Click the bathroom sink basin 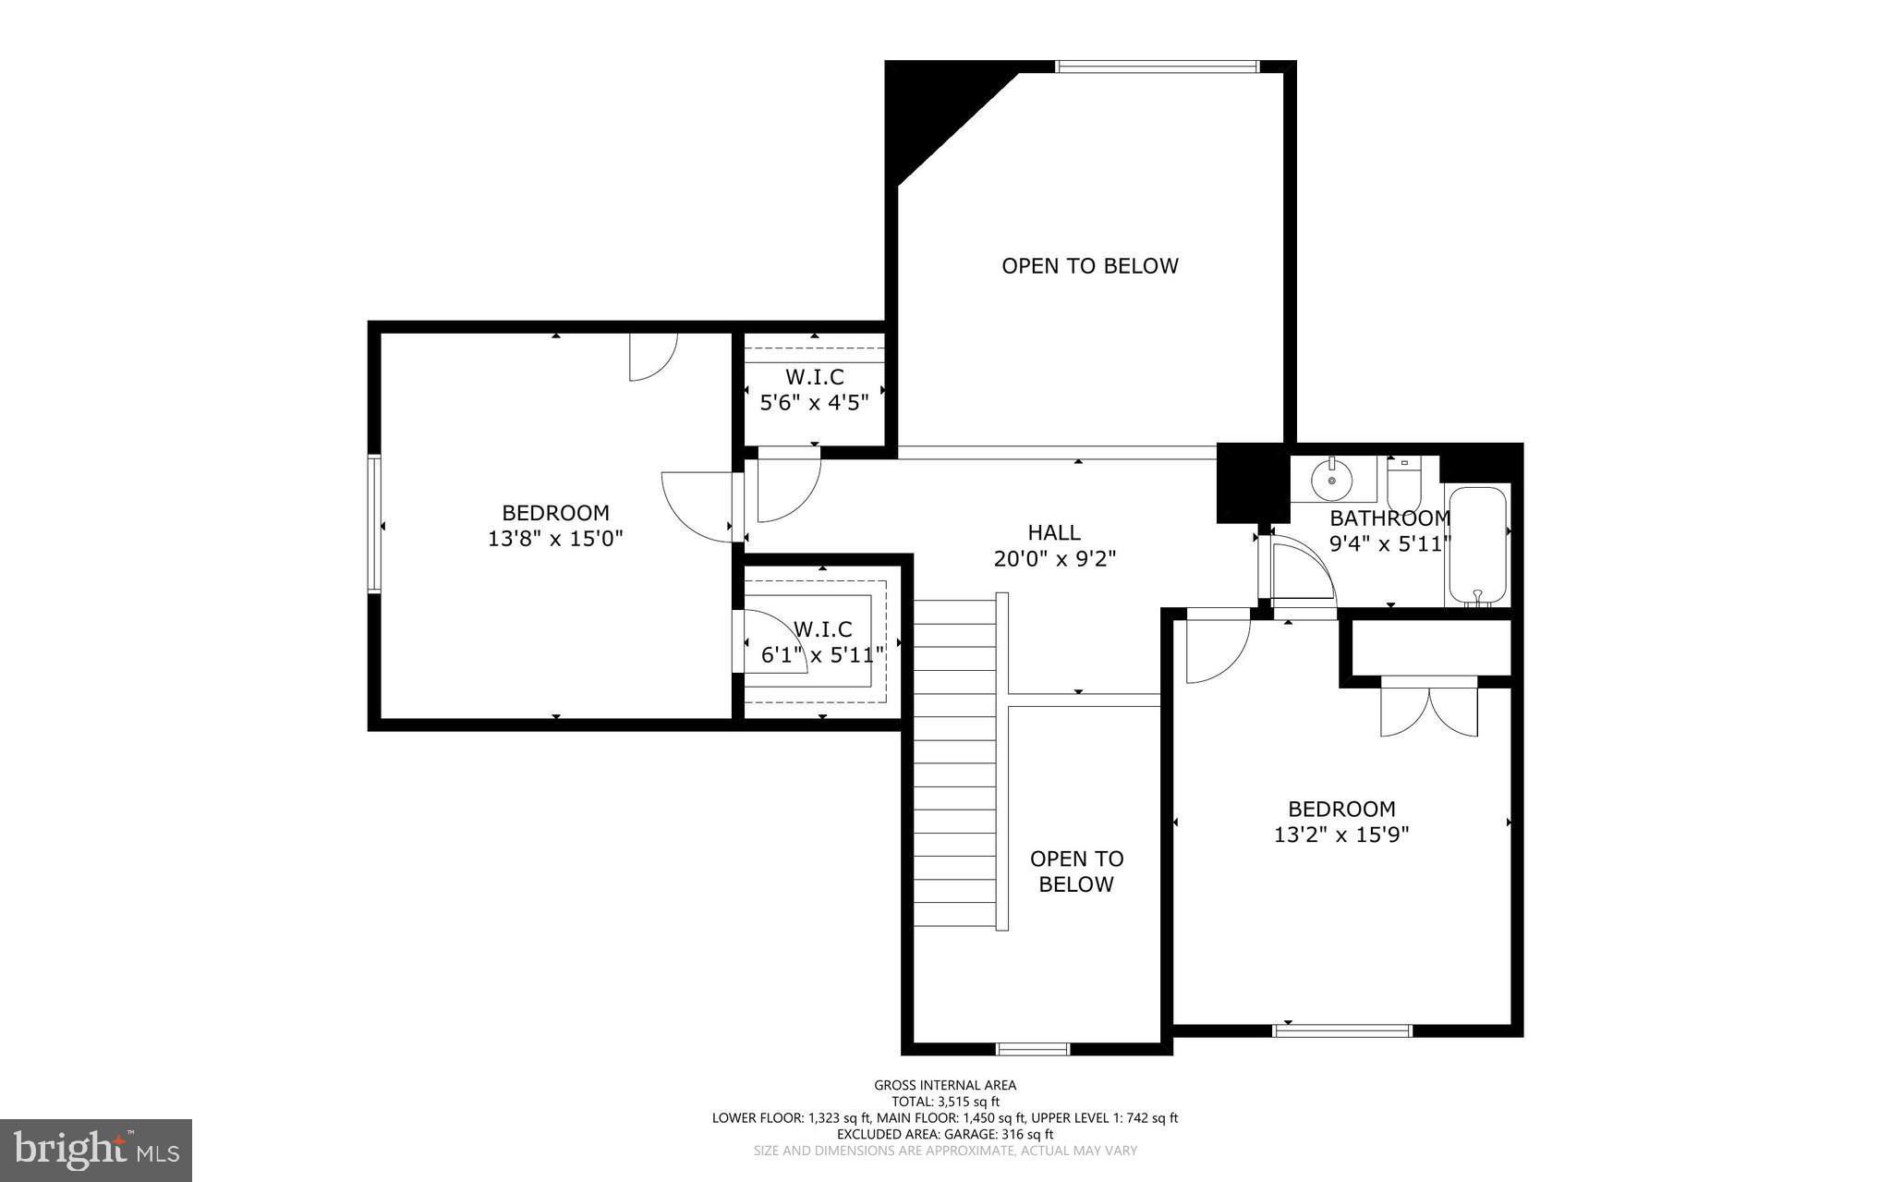pos(1331,480)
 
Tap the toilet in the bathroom pos(1403,481)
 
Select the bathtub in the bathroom pos(1477,546)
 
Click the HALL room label pos(1054,532)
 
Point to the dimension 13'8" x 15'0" pos(555,538)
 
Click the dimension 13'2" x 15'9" pos(1341,835)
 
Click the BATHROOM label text pos(1389,518)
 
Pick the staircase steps pos(955,762)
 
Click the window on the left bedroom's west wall pos(374,523)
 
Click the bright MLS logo pos(96,1150)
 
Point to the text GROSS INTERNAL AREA pos(945,1085)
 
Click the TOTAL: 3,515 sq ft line pos(945,1102)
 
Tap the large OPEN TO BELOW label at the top pos(1090,266)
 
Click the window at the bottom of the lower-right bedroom pos(1342,1030)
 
